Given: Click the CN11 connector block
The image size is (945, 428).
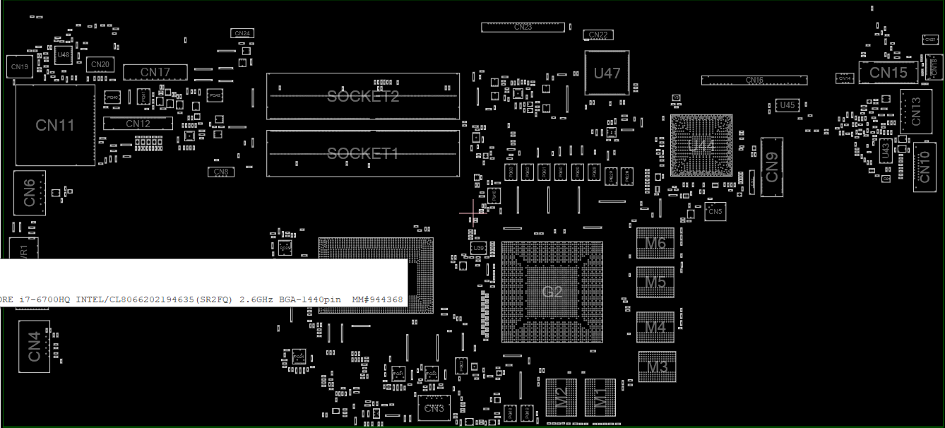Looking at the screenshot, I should [55, 126].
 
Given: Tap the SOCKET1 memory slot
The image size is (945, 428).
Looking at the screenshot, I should [363, 153].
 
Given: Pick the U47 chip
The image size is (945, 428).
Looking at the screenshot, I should [607, 73].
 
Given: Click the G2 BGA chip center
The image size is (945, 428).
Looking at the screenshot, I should [552, 292].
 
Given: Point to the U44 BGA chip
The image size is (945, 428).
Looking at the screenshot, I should [701, 145].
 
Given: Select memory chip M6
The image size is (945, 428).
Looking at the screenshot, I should [655, 243].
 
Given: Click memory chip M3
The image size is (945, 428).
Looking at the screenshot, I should [658, 367].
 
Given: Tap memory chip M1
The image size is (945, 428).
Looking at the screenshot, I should [600, 397].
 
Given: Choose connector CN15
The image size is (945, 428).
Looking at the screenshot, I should [888, 73].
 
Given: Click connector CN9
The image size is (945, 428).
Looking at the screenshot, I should [772, 167].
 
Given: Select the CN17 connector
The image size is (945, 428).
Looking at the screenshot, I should [155, 72].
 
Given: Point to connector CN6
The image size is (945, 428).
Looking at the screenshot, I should [30, 193].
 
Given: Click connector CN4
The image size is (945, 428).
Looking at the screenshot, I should [35, 347].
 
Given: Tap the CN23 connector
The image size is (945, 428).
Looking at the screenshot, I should [523, 27].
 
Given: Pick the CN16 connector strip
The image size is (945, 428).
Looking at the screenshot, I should [754, 81].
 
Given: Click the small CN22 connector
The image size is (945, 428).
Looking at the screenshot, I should [598, 35].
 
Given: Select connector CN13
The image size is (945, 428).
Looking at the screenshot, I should [916, 112].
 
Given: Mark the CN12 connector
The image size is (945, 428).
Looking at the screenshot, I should [138, 124].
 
